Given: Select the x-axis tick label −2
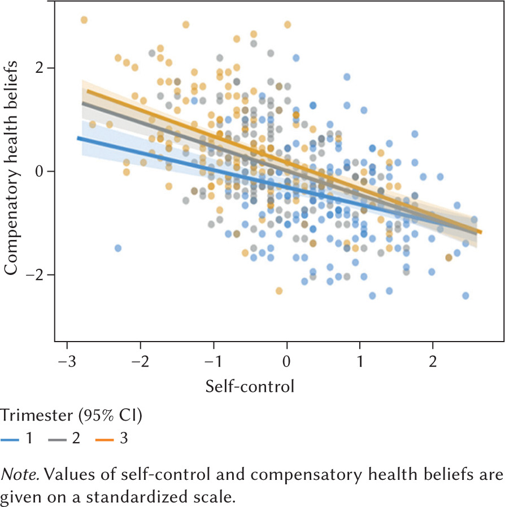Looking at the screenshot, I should point(140,360).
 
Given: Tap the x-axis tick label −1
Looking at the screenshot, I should point(213,360).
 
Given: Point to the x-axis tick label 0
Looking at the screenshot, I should point(287,360).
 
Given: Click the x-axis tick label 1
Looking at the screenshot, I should point(360,360).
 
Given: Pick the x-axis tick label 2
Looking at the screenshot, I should point(433,360).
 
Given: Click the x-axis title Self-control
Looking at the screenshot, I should point(250,387).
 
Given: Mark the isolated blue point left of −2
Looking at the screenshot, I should point(117,248).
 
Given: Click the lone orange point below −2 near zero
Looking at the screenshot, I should point(279,291).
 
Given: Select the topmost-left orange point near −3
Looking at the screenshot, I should point(84,20).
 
